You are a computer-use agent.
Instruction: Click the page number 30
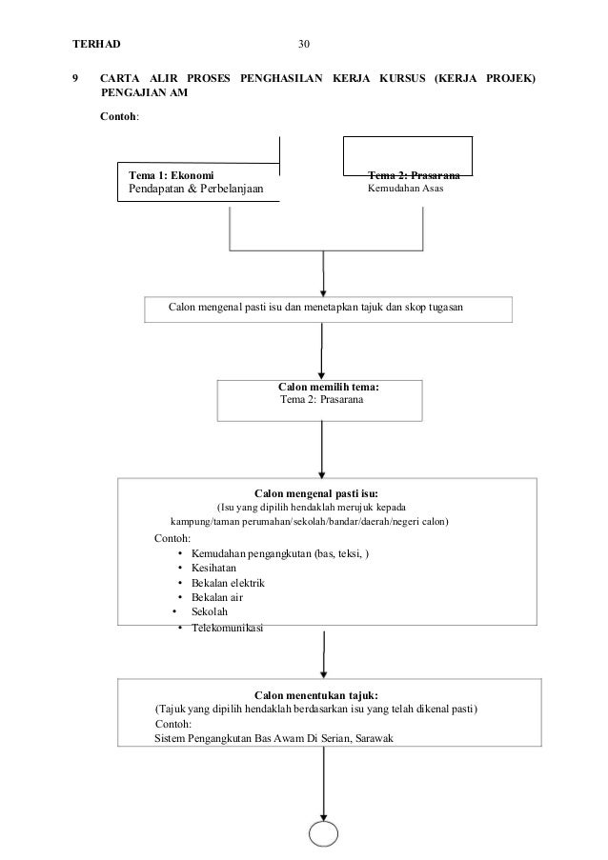pos(303,45)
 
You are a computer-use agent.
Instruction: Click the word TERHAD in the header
pos(96,45)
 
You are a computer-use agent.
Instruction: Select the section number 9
pos(75,78)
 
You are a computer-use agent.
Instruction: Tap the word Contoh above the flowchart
pos(118,116)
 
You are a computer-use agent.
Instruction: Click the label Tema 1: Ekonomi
pos(172,175)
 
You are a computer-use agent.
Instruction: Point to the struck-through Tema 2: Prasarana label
pos(414,175)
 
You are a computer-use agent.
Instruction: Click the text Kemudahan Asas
pos(406,189)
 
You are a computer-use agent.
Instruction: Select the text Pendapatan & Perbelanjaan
pos(196,189)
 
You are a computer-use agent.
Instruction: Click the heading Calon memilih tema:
pos(328,387)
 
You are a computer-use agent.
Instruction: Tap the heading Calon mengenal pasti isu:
pos(316,493)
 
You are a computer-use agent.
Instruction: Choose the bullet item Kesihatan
pos(213,569)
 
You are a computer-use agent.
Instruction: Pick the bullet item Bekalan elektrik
pos(228,583)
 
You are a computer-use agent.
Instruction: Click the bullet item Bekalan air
pos(216,597)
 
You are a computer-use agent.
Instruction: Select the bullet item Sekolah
pos(209,611)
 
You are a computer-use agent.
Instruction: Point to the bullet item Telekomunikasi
pos(227,628)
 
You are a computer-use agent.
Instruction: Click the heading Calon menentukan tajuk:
pos(316,695)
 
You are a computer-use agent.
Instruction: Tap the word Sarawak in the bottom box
pos(375,738)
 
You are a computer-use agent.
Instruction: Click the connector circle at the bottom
pos(323,834)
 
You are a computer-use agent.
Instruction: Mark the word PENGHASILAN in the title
pos(281,78)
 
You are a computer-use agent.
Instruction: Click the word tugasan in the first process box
pos(446,308)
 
